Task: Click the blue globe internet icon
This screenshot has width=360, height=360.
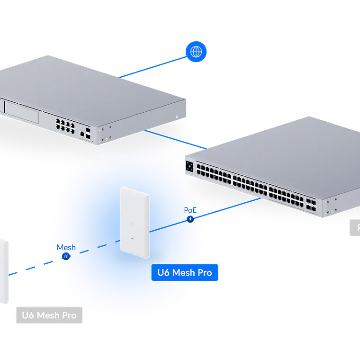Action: [196, 51]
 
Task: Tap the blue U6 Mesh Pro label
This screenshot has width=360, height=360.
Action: [185, 273]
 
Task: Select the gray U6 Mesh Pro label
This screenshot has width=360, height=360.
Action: [49, 315]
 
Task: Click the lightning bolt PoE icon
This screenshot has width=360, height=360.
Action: [190, 219]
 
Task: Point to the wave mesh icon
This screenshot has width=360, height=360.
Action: [66, 256]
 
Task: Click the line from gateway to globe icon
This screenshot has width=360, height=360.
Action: [152, 66]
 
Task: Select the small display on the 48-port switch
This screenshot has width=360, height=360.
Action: [190, 166]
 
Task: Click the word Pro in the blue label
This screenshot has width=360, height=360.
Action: [205, 273]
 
